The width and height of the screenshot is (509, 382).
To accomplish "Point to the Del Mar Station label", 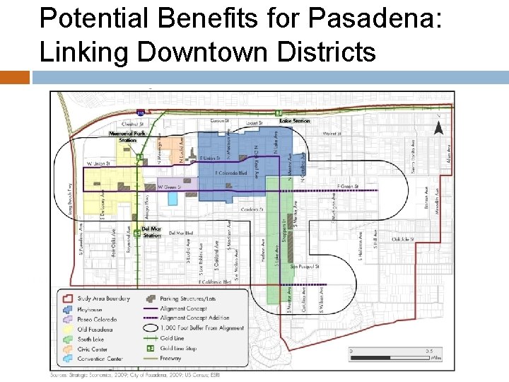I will tap(152, 231).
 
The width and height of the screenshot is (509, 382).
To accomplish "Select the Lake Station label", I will tap(295, 121).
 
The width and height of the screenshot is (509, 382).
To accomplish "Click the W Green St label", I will tap(170, 187).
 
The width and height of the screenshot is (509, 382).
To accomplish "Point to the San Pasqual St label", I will tap(324, 267).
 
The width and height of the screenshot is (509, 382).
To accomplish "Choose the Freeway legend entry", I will tap(172, 358).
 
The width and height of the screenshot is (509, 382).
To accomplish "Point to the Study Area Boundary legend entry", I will tap(103, 298).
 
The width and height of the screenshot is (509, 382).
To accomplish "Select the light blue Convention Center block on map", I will tap(172, 198).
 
